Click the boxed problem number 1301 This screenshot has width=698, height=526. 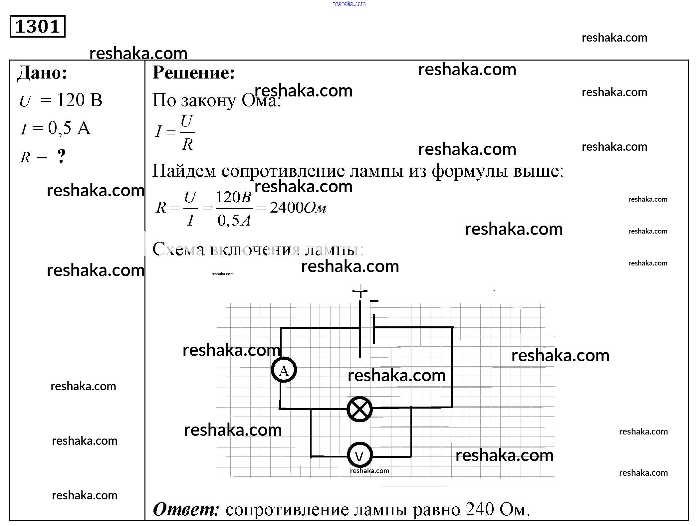[37, 26]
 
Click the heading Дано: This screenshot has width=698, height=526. [42, 73]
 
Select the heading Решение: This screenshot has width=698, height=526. [193, 73]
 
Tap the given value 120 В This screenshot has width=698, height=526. [80, 100]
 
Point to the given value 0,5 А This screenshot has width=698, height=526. [69, 128]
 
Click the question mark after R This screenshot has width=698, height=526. [61, 156]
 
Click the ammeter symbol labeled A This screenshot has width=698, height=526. [284, 370]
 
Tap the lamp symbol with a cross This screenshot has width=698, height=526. [359, 409]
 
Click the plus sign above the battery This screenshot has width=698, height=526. [360, 291]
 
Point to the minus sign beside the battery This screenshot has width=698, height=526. [374, 301]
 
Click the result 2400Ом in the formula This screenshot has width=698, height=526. [298, 208]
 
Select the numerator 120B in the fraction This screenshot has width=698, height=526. [233, 197]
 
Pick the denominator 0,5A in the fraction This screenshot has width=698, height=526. [234, 220]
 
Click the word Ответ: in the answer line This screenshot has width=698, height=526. [186, 509]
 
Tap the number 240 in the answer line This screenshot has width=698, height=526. [480, 509]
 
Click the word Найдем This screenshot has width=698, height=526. [184, 171]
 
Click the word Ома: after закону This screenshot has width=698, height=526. [261, 100]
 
